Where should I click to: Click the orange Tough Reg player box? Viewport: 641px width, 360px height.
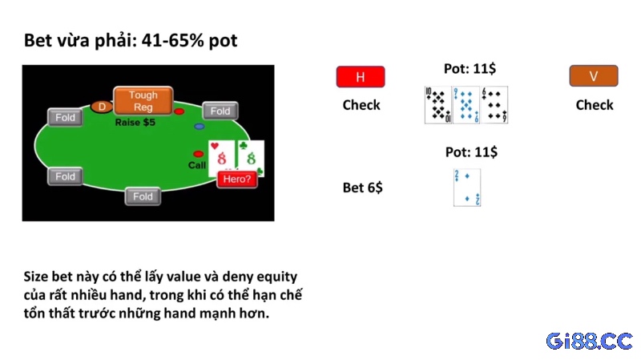pyautogui.click(x=143, y=101)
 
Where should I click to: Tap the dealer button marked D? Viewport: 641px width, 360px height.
pyautogui.click(x=102, y=107)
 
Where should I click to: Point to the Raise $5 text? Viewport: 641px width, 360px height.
pyautogui.click(x=135, y=123)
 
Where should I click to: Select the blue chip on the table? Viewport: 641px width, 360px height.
pyautogui.click(x=199, y=127)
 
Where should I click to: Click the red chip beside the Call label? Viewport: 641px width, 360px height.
pyautogui.click(x=198, y=154)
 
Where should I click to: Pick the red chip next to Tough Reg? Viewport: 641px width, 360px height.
pyautogui.click(x=179, y=111)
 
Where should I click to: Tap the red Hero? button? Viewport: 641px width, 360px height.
pyautogui.click(x=237, y=179)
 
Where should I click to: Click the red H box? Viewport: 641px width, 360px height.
pyautogui.click(x=361, y=76)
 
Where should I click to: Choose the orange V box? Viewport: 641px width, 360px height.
pyautogui.click(x=594, y=75)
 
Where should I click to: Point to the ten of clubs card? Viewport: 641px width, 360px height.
pyautogui.click(x=437, y=105)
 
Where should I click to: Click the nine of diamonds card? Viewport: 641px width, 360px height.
pyautogui.click(x=466, y=105)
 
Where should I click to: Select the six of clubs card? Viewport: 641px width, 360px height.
pyautogui.click(x=494, y=105)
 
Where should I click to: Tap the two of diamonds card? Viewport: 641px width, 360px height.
pyautogui.click(x=467, y=188)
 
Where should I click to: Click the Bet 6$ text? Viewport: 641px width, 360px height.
pyautogui.click(x=363, y=188)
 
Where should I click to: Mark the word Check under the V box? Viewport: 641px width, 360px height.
pyautogui.click(x=595, y=105)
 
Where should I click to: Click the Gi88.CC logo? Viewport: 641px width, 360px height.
pyautogui.click(x=590, y=341)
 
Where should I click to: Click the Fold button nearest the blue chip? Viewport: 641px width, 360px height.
pyautogui.click(x=220, y=111)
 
